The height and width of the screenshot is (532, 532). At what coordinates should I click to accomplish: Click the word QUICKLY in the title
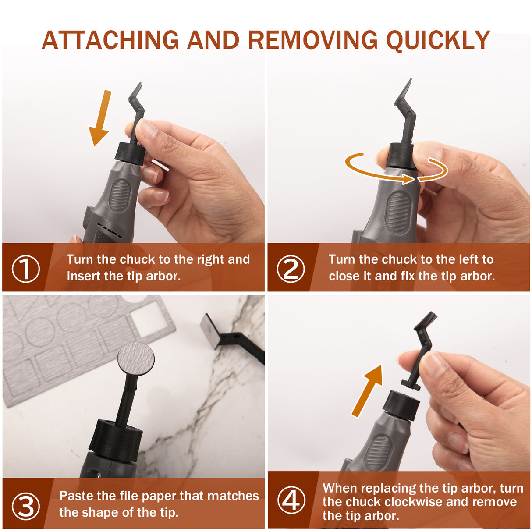pos(437,40)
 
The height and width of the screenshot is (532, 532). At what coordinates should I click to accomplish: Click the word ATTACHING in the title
pos(110,40)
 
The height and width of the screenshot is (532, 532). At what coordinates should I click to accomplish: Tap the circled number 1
pos(25,268)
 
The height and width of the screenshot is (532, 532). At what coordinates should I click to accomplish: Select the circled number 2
pos(291,268)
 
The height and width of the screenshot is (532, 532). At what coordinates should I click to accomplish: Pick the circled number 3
pos(25,506)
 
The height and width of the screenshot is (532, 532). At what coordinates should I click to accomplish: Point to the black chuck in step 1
pos(130,153)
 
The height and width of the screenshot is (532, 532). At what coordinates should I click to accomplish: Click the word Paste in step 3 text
pos(75,496)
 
